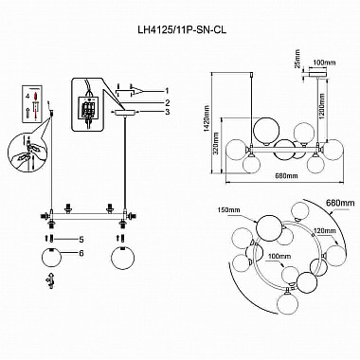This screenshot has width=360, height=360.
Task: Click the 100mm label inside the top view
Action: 279,256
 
